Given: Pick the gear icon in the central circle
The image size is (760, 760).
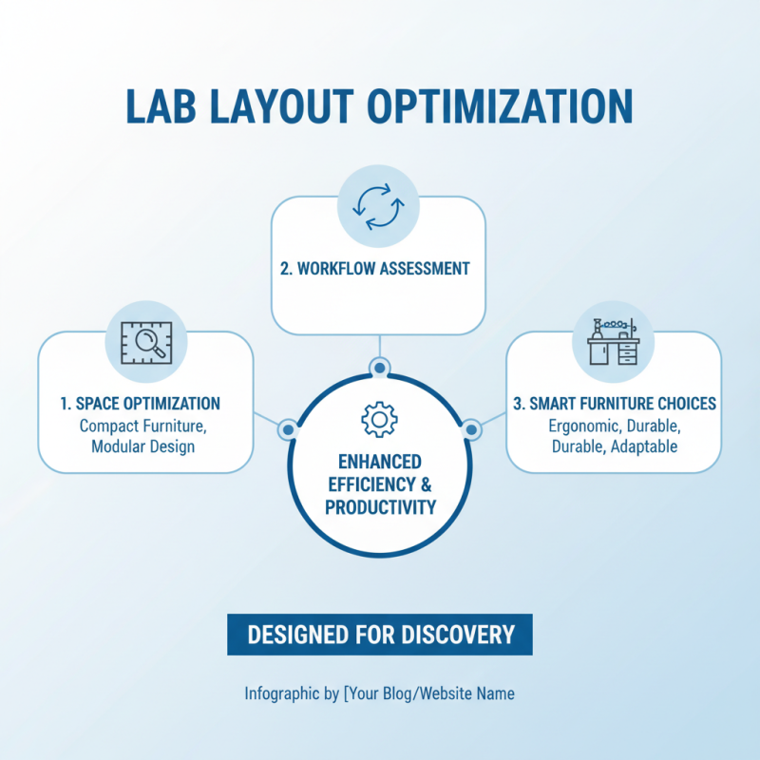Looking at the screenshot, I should tap(380, 419).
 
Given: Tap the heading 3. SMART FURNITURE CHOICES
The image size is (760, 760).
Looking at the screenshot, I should tap(615, 404).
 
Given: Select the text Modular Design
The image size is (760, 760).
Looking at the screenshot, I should tap(143, 446).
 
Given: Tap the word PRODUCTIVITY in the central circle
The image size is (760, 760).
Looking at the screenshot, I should tap(380, 508).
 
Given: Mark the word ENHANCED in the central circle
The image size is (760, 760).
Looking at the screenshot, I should tap(380, 462).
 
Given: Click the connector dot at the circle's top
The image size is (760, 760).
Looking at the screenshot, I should tap(379, 367).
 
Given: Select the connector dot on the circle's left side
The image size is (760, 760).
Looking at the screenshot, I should tap(286, 430).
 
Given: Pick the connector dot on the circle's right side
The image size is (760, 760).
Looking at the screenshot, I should tap(472, 430).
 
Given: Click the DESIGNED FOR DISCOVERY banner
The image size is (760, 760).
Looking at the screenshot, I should tap(380, 635).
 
